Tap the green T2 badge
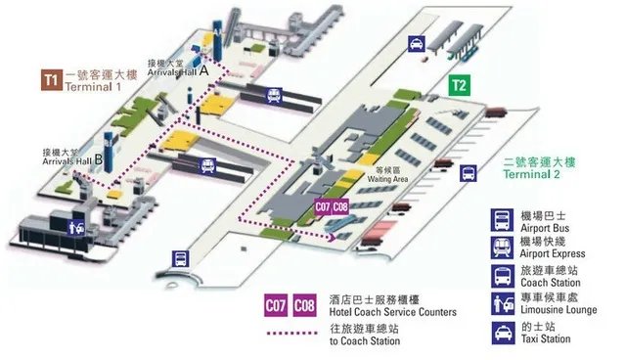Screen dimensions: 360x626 click(x=460, y=85)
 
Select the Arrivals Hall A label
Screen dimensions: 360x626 click(x=176, y=70)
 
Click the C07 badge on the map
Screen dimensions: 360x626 click(x=323, y=207)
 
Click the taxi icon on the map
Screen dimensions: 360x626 click(x=416, y=44)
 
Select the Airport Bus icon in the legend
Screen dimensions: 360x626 click(x=501, y=217)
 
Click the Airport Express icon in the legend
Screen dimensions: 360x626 click(x=501, y=246)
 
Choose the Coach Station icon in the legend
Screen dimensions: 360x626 click(x=501, y=275)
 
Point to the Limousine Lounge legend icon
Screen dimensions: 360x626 click(x=501, y=302)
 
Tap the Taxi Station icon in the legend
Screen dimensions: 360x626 click(x=501, y=331)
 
